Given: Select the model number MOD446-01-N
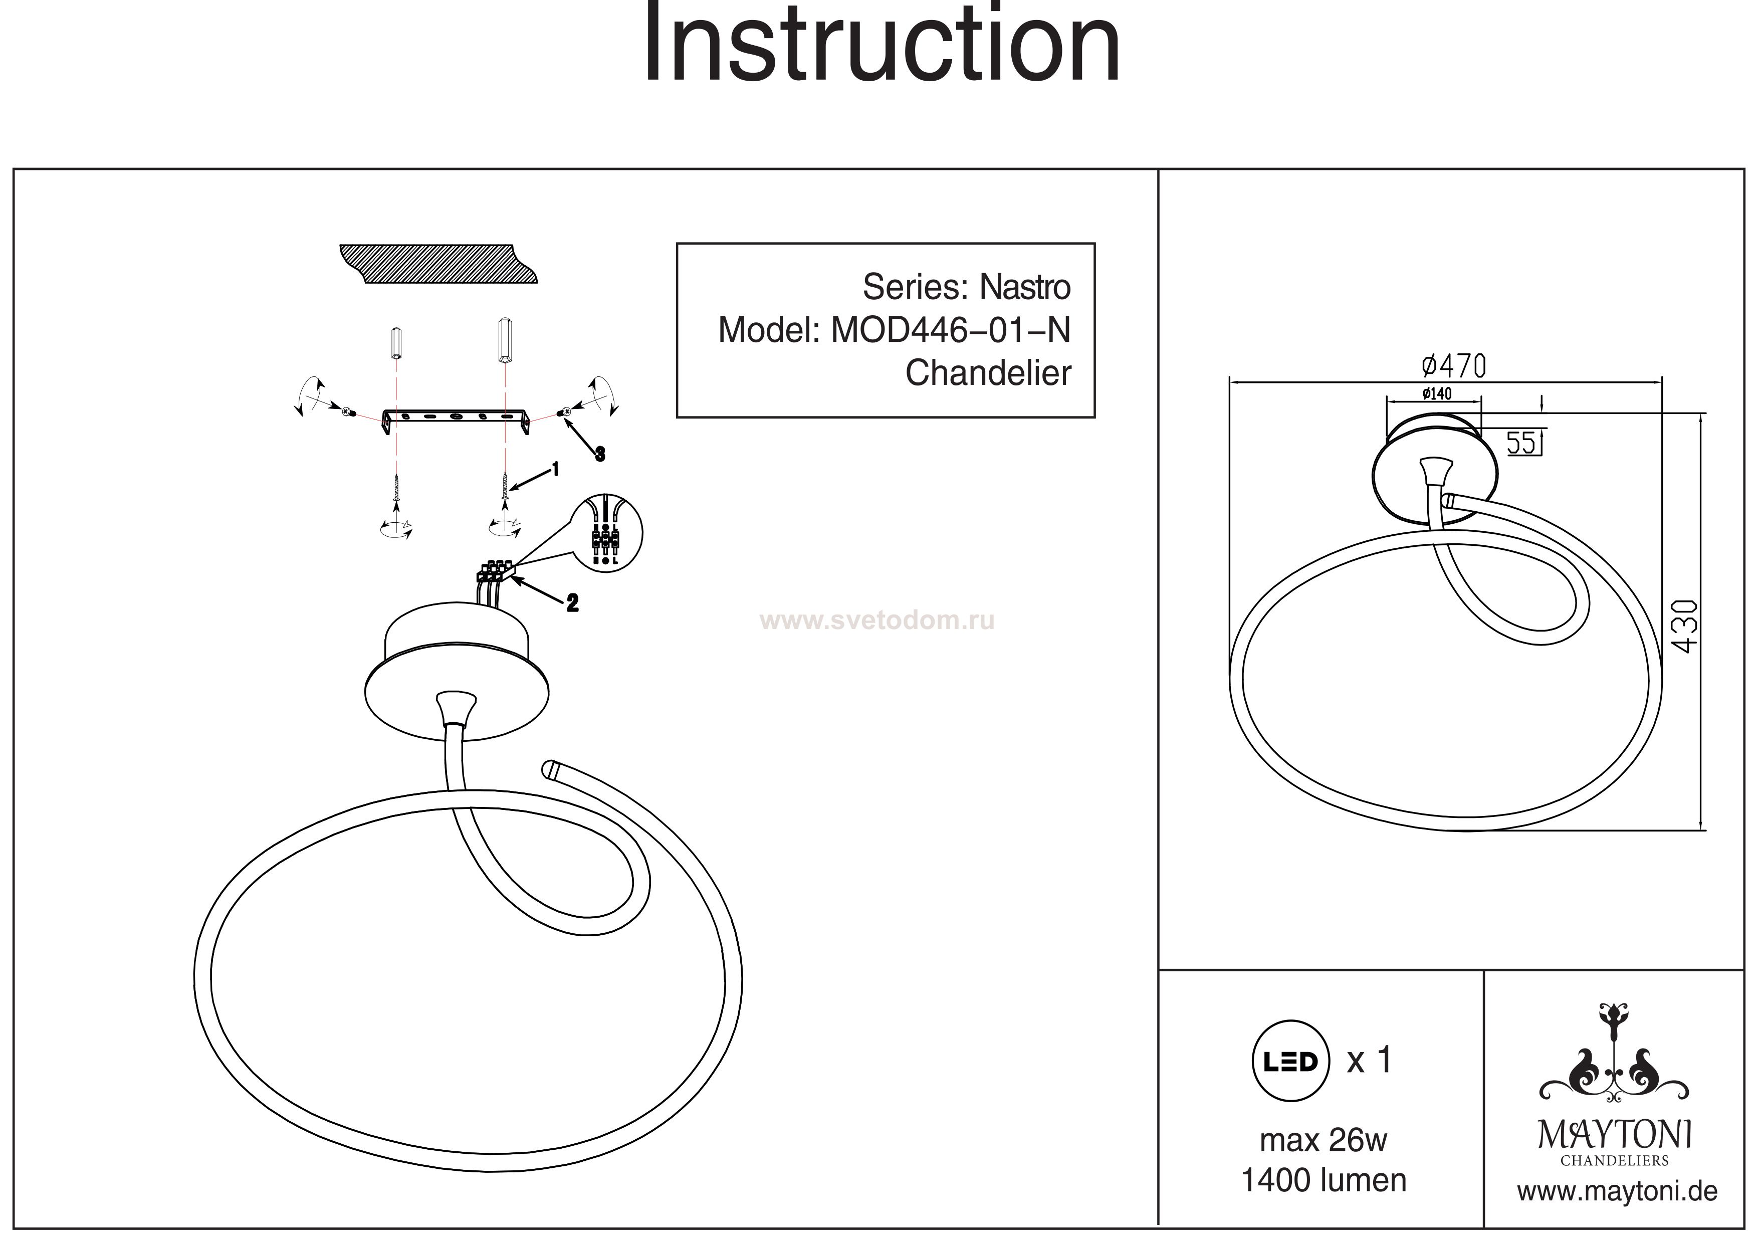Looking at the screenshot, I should coord(950,330).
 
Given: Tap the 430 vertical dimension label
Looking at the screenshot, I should coord(1684,627).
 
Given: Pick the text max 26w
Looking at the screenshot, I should coord(1323,1140).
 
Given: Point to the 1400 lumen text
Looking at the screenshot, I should coord(1323,1181).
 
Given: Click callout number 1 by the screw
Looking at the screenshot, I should coord(555,469).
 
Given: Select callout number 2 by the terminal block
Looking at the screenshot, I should coord(572,603).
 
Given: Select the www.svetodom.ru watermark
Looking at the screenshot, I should coord(876,620).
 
